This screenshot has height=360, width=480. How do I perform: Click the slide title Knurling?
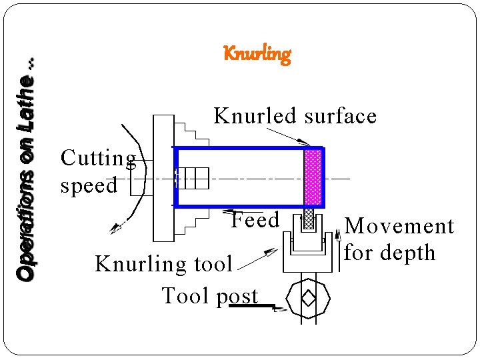tap(257, 53)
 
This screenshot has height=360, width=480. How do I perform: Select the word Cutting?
tap(98, 159)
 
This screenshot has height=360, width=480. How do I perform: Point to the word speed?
tap(89, 185)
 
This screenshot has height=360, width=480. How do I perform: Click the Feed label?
tap(255, 219)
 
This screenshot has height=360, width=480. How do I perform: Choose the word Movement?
tap(399, 226)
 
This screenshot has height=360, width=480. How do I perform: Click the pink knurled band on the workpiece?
tap(313, 177)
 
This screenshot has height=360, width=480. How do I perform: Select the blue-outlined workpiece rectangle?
tap(240, 177)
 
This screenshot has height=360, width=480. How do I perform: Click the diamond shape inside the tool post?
tap(307, 298)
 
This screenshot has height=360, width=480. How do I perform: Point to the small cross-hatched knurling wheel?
tap(309, 221)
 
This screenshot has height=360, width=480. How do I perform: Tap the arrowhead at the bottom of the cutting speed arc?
tap(115, 227)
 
